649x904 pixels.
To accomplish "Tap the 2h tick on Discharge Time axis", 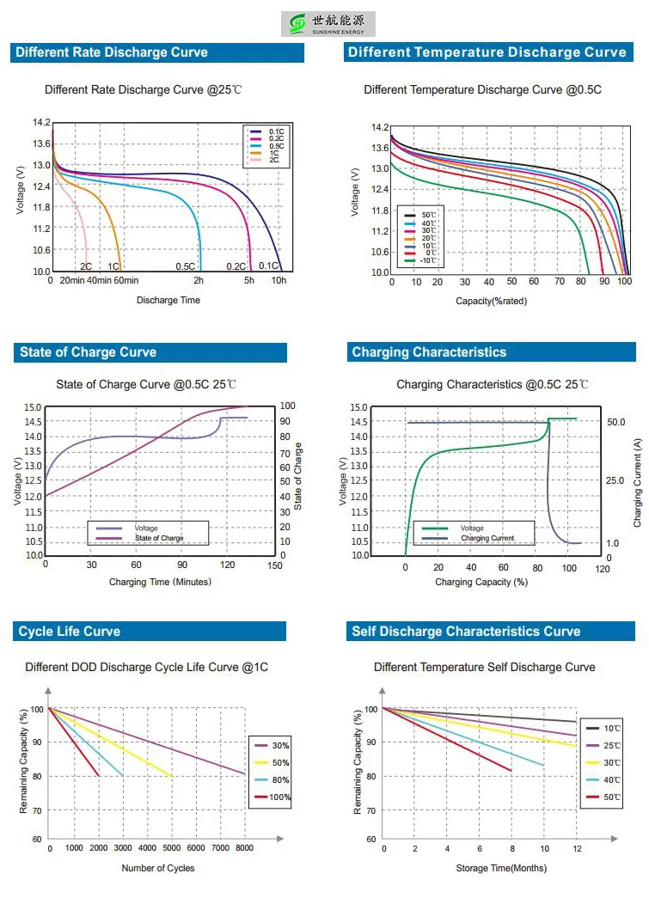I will coord(199,280).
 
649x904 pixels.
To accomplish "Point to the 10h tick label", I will coord(279,280).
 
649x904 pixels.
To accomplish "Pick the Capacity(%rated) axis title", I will coord(491,301).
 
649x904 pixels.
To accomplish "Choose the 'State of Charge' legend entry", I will coord(159,538).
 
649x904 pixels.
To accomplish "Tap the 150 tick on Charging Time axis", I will coord(274,565).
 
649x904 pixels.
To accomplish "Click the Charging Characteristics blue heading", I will coord(429,352).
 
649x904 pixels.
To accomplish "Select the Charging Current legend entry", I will coord(487,538).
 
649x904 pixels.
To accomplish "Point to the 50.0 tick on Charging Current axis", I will coord(615,422).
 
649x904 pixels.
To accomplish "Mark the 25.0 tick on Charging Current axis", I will coord(615,480).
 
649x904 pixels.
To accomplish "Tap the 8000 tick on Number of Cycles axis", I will coord(245,848).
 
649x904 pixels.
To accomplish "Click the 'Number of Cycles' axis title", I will coord(158,868).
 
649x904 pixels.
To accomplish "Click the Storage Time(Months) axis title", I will coord(501,868).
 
